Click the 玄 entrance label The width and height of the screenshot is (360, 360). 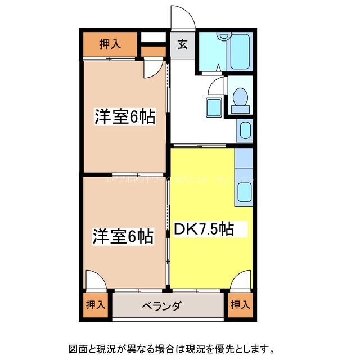[183, 45]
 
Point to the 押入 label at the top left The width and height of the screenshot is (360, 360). [110, 44]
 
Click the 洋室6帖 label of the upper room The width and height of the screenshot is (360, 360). [124, 117]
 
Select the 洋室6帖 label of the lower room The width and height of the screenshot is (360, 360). [123, 236]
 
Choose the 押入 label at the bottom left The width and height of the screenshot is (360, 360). [95, 305]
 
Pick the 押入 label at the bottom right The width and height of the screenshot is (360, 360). [240, 305]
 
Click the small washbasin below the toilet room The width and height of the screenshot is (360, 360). [244, 129]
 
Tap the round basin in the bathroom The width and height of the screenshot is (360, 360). [224, 36]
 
